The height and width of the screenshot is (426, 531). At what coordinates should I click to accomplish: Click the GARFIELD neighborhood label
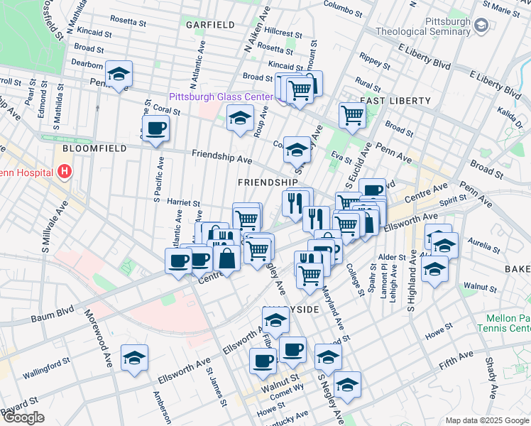point(210,24)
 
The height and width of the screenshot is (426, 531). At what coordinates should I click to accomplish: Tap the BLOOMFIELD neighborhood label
point(94,148)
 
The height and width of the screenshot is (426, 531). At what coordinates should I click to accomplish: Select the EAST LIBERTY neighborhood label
point(387,102)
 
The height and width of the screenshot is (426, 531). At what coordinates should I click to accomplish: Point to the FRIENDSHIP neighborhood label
point(266,182)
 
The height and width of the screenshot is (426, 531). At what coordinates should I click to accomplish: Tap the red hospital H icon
point(65,171)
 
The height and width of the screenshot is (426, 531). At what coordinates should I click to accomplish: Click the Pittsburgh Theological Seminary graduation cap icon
point(482,26)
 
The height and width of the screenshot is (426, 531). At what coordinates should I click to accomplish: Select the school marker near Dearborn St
point(119,73)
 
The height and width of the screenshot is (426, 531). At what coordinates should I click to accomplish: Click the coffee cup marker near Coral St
point(155,129)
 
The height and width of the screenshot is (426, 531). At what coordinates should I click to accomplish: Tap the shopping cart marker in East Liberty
point(352,114)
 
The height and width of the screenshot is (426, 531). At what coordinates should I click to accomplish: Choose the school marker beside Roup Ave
point(241,117)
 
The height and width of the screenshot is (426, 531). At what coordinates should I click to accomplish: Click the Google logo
point(23,417)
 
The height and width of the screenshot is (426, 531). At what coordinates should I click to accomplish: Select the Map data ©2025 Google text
point(486,420)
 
